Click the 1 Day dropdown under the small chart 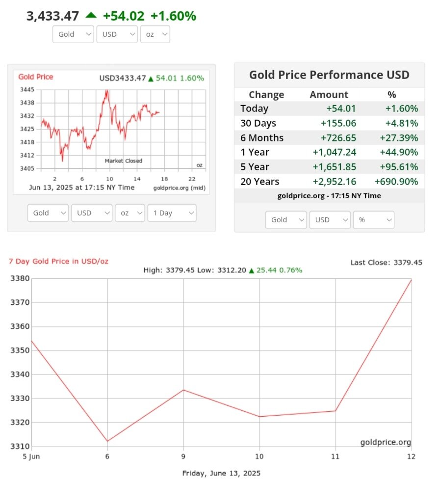tap(172, 213)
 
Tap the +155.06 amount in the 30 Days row tap(338, 123)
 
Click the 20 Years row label tap(259, 182)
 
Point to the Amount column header tap(329, 95)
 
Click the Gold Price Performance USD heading tap(329, 75)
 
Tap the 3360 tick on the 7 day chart tap(20, 326)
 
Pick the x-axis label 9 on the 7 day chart tap(183, 456)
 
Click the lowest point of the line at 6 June tap(107, 441)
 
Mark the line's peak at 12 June tap(411, 280)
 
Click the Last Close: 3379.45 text tap(386, 263)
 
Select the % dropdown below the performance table tap(373, 220)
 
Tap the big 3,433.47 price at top tap(52, 16)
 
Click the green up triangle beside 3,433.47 tap(91, 15)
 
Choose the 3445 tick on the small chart tap(27, 90)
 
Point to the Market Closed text tap(124, 161)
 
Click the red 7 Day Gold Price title tap(59, 261)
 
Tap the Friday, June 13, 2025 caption tap(221, 473)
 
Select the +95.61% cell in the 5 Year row tap(399, 167)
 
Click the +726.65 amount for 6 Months tap(338, 138)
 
